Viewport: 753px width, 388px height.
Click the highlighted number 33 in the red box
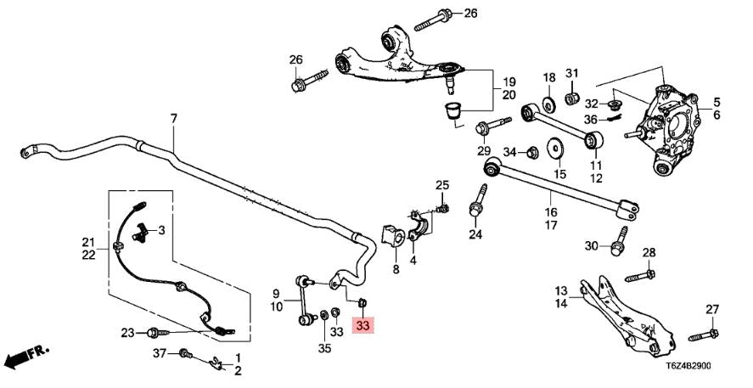point(363,325)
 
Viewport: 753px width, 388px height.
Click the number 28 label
point(649,253)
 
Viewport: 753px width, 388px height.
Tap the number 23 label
point(127,332)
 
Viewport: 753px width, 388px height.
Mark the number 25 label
point(441,185)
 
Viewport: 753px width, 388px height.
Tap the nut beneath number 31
point(571,99)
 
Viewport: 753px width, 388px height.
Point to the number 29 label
point(484,151)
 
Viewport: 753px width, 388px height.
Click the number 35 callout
point(324,347)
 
